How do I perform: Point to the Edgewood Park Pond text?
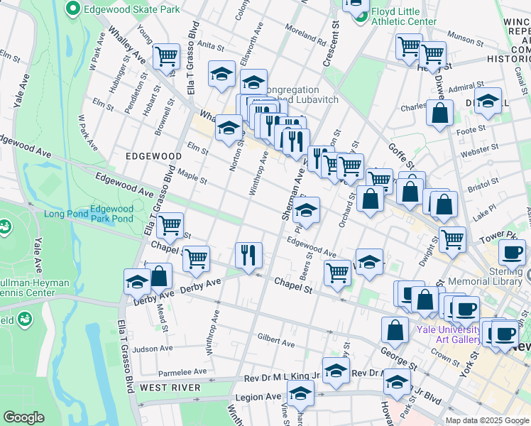111,214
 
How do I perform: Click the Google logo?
23,417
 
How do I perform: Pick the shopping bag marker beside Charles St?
440,113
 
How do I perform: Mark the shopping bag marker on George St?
395,330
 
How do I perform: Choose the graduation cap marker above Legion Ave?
300,392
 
